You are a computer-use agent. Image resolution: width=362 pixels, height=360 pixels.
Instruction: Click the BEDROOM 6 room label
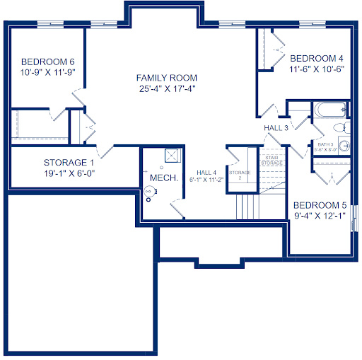pos(48,61)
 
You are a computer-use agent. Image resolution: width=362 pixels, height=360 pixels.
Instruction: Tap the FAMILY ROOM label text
pos(167,78)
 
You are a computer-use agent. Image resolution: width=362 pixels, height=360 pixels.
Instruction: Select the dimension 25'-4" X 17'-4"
pos(167,89)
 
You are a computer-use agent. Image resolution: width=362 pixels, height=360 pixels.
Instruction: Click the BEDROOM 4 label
pos(317,58)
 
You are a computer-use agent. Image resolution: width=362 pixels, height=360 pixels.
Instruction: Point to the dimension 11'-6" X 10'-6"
pos(317,69)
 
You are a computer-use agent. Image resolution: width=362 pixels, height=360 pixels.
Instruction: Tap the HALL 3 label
pos(276,128)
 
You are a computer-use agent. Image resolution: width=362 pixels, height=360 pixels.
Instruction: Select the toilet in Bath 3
pos(340,128)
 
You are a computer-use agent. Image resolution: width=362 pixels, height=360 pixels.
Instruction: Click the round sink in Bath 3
pos(344,146)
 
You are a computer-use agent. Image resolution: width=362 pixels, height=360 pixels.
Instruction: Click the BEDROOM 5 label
pos(320,206)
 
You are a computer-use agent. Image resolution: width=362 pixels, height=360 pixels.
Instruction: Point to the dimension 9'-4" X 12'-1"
pos(320,216)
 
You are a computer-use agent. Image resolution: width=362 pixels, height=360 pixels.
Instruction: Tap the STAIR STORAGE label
pos(272,161)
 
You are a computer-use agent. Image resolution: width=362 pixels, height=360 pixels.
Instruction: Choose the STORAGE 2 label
pos(240,175)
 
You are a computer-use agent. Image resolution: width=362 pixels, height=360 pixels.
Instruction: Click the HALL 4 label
pos(206,173)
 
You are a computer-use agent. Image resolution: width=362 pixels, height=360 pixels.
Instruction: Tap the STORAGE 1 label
pos(69,162)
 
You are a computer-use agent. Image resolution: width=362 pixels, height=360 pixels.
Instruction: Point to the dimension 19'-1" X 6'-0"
pos(69,173)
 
